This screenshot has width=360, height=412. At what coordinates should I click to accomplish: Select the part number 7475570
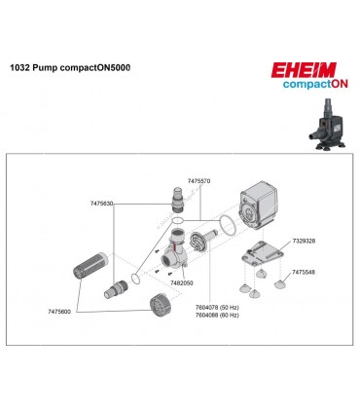click(x=198, y=181)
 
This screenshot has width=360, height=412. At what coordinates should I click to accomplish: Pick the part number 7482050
click(x=182, y=282)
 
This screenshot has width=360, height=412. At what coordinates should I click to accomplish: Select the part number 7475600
click(x=60, y=311)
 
